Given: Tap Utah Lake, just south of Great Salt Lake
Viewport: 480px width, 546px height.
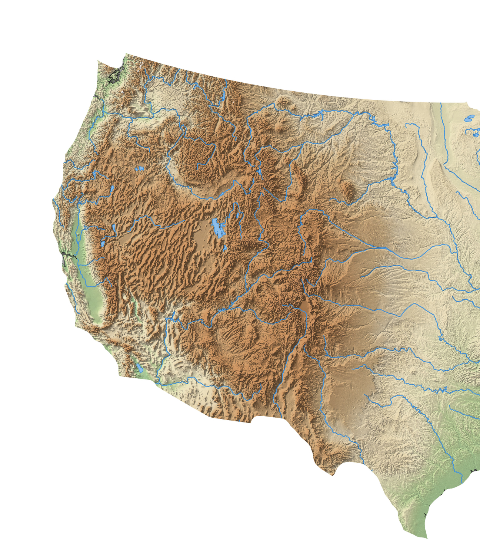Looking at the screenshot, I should coord(225,248).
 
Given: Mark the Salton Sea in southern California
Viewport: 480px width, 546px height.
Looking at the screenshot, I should coord(140,368).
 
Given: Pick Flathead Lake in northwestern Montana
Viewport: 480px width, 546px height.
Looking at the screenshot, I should coord(223,97).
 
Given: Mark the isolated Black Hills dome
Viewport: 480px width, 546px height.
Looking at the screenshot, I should coord(348,190).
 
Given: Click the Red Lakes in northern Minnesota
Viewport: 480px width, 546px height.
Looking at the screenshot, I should coord(470,119).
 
